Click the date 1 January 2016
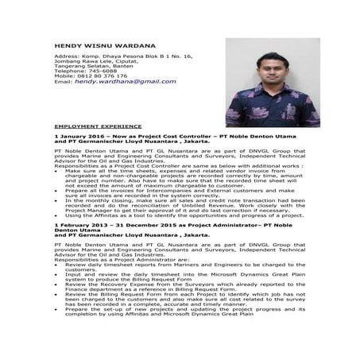tap(76, 137)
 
